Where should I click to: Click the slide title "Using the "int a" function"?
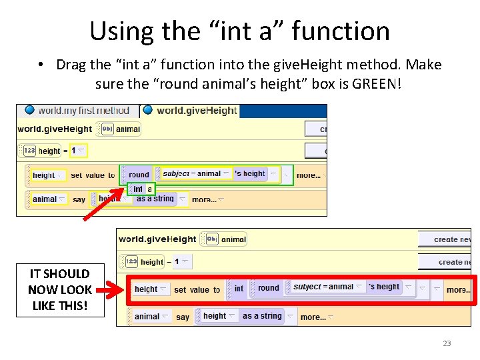(x=239, y=31)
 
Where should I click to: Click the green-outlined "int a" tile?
(x=141, y=189)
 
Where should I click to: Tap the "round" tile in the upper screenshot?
(x=139, y=174)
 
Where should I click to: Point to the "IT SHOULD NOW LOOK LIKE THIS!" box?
(x=59, y=289)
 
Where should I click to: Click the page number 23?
(x=447, y=343)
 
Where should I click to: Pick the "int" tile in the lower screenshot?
(x=239, y=289)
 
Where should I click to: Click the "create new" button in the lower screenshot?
(x=451, y=239)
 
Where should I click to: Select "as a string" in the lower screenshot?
(x=262, y=316)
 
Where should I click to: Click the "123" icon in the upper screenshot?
(x=29, y=151)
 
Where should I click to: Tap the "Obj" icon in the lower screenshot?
(x=212, y=239)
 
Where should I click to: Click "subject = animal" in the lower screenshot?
(x=323, y=287)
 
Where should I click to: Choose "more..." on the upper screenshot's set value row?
(x=308, y=175)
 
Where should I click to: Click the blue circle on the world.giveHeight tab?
(x=148, y=110)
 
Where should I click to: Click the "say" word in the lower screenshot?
(x=183, y=317)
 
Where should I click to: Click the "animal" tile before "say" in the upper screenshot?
(x=45, y=199)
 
